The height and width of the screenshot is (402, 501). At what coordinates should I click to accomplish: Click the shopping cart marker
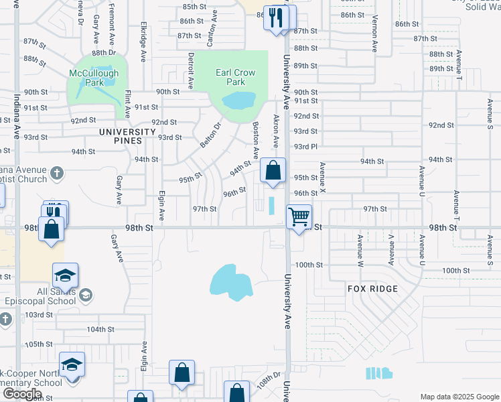(298, 216)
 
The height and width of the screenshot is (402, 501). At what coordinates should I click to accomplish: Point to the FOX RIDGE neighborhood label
(372, 289)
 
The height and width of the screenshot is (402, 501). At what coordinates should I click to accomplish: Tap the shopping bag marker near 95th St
(273, 171)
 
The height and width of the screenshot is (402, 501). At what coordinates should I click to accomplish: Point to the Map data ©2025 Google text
(459, 397)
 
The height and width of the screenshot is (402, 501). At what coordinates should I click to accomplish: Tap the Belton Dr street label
(210, 135)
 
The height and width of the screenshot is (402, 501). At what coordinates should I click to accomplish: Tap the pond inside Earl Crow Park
(238, 101)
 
